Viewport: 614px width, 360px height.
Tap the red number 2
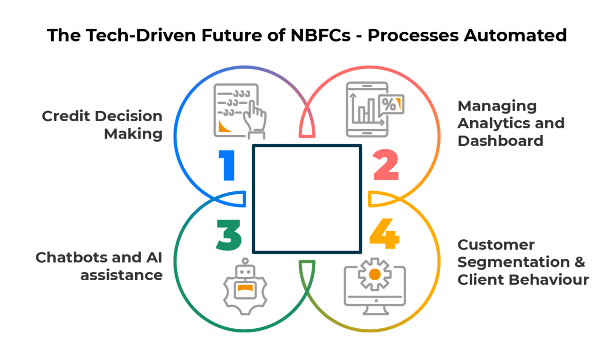pos(385,165)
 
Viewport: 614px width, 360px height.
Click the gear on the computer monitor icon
pos(375,275)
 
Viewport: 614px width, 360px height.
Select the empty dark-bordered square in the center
pos(307,198)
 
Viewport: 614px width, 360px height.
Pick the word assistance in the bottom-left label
pos(121,275)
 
